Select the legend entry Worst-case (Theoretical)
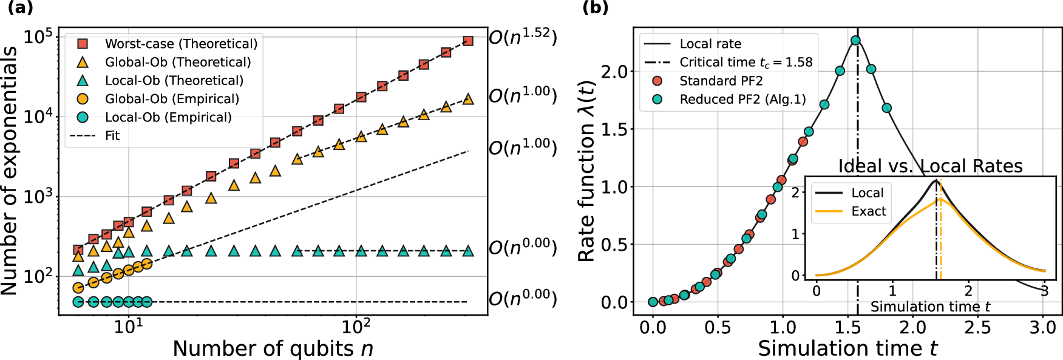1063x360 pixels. pyautogui.click(x=181, y=44)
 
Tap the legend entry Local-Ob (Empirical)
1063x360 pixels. pyautogui.click(x=168, y=117)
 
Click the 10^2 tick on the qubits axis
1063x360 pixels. pyautogui.click(x=356, y=327)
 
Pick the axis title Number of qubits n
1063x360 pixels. pyautogui.click(x=273, y=348)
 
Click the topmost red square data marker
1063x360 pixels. pyautogui.click(x=468, y=41)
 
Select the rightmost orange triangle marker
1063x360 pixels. pyautogui.click(x=468, y=99)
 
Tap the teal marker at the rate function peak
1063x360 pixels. pyautogui.click(x=855, y=41)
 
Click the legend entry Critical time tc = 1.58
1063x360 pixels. pyautogui.click(x=745, y=62)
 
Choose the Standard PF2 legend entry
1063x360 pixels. pyautogui.click(x=721, y=81)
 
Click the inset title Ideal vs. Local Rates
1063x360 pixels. pyautogui.click(x=930, y=166)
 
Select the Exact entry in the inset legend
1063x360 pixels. pyautogui.click(x=868, y=211)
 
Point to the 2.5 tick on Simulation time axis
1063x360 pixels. pyautogui.click(x=978, y=327)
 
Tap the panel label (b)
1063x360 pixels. pyautogui.click(x=595, y=8)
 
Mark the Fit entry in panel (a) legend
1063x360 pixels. pyautogui.click(x=112, y=135)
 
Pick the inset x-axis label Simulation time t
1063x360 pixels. pyautogui.click(x=930, y=307)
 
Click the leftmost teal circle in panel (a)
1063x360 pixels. pyautogui.click(x=78, y=302)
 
